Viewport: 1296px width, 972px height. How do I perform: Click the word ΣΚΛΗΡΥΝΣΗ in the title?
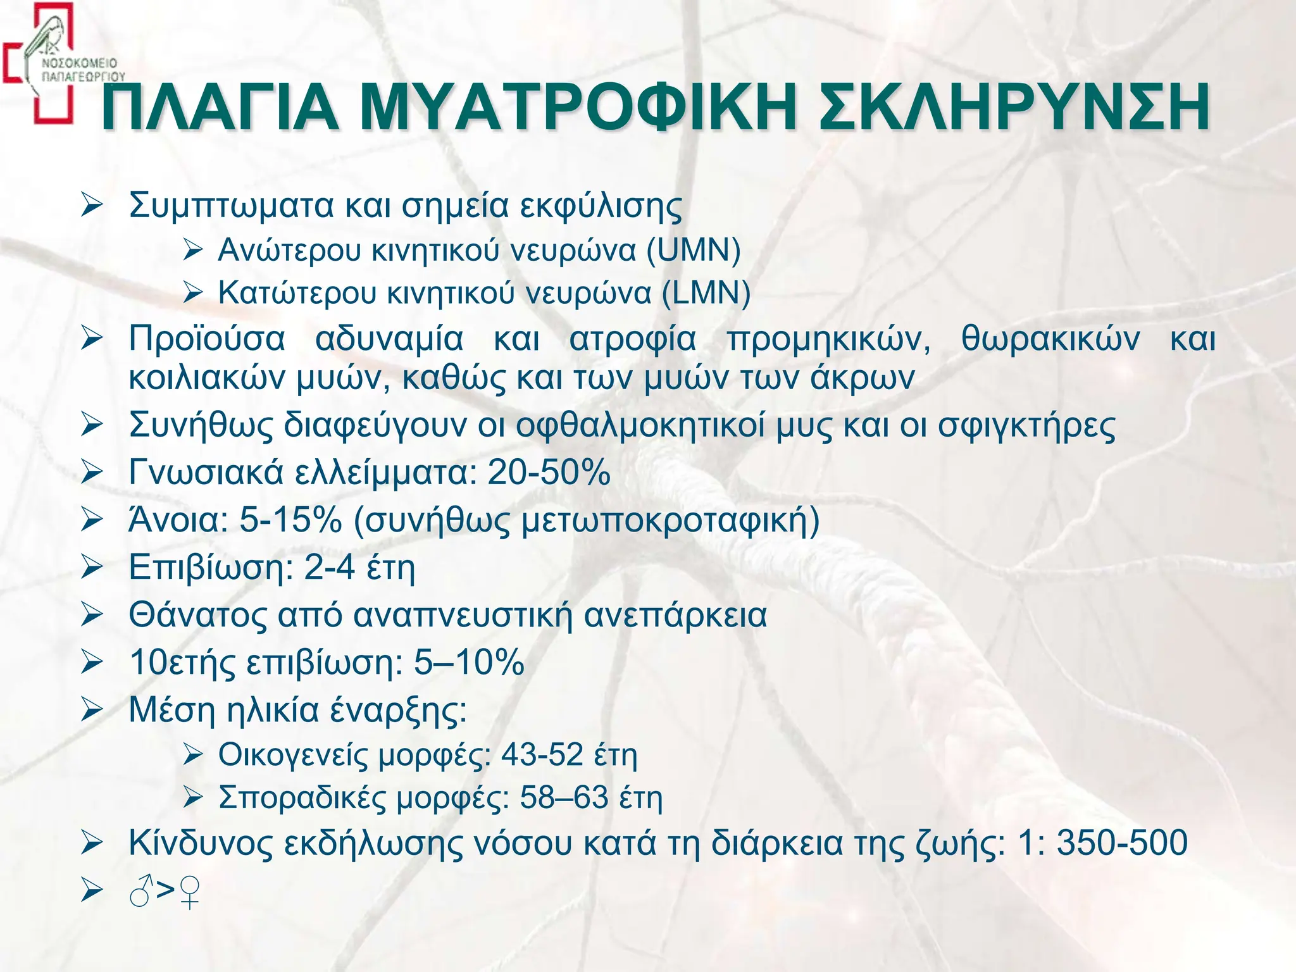tap(1013, 108)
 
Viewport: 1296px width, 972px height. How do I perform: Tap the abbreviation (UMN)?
tap(693, 250)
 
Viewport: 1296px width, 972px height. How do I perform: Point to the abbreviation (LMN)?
tap(706, 293)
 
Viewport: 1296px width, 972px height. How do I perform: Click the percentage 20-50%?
tap(549, 472)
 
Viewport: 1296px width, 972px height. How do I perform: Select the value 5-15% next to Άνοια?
tap(290, 520)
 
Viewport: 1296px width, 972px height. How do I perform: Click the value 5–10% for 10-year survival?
tap(469, 662)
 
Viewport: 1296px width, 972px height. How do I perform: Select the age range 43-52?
tap(542, 754)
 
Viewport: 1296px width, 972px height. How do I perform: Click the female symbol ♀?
tap(189, 892)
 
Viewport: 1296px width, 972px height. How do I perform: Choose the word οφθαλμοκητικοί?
tap(640, 425)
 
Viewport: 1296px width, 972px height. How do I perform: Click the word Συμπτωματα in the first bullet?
tap(231, 206)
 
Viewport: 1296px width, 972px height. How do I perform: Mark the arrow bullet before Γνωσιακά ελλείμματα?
tap(92, 472)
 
